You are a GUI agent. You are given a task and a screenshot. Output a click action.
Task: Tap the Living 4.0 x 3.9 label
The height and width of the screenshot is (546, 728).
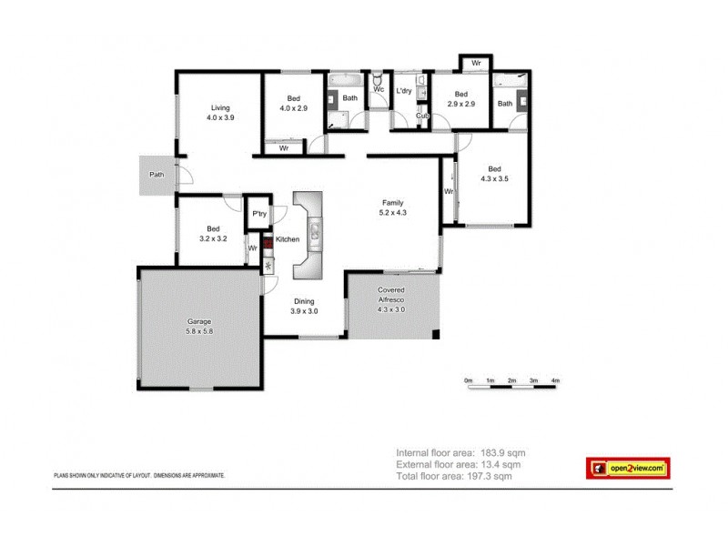coord(220,113)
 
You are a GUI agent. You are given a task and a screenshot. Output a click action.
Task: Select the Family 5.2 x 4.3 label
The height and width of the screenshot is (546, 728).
coord(392,207)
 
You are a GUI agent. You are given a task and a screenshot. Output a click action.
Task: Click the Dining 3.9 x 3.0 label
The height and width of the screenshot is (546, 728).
coord(303,307)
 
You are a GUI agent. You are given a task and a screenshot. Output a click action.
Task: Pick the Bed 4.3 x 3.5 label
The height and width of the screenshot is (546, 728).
coord(494,174)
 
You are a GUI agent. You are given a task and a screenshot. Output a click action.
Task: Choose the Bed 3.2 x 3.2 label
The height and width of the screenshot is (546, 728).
coord(212,234)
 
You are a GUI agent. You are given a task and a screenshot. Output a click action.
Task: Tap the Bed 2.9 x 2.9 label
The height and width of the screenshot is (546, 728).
coord(460,99)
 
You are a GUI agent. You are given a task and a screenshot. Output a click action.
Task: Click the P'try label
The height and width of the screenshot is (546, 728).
coord(258,214)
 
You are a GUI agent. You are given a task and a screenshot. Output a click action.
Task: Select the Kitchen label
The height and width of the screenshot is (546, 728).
coord(288,239)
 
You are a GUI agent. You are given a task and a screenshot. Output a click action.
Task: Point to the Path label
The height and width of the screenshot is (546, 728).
coord(157,175)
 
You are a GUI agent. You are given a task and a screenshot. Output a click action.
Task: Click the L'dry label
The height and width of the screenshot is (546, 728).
coord(405,91)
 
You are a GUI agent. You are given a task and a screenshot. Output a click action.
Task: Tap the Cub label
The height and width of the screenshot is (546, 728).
coord(422,116)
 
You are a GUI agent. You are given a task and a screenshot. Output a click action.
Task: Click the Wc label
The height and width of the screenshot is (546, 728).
coord(378,89)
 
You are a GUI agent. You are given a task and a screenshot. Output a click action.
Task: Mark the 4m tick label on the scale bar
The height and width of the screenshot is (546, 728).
coord(555,379)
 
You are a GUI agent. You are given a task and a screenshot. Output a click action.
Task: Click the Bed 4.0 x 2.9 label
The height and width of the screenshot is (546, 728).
coord(293,103)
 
